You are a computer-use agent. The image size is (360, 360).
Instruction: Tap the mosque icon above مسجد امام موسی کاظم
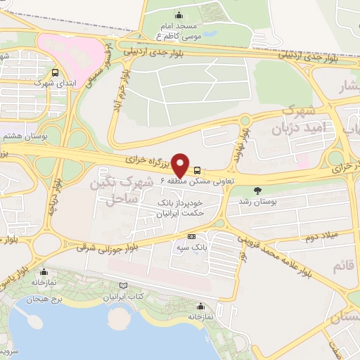point(179,15)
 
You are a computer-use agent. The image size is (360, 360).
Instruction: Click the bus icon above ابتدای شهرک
point(56,72)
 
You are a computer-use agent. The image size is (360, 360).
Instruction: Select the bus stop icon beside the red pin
point(197,169)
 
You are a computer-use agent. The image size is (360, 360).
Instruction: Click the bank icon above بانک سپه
point(191,237)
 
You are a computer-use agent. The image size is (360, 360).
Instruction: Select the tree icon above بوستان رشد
point(257,190)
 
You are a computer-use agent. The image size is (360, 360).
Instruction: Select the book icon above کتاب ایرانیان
point(124,285)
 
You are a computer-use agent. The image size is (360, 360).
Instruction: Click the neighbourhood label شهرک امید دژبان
point(304,121)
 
